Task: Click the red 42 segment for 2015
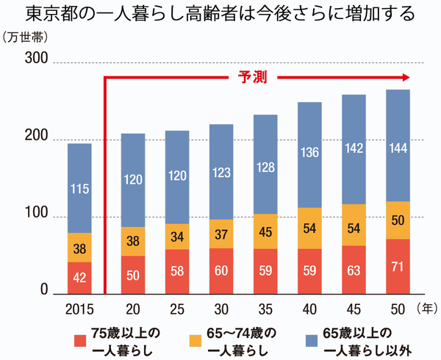80,278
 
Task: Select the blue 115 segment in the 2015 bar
80,188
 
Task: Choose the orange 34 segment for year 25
177,237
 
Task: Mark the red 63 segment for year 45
354,269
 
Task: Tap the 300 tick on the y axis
35,61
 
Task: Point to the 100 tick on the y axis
35,216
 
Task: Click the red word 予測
254,76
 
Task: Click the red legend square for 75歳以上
80,339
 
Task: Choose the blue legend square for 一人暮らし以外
310,339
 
